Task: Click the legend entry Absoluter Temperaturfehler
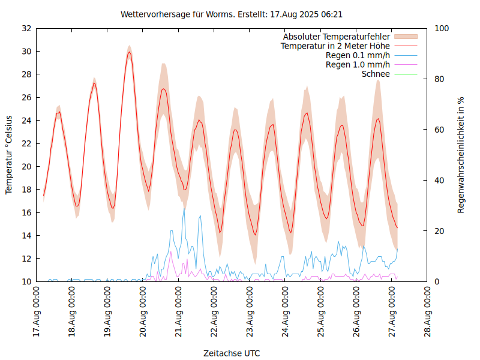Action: click(x=336, y=37)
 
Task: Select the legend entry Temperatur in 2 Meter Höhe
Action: click(x=335, y=46)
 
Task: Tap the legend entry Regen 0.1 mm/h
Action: click(x=358, y=55)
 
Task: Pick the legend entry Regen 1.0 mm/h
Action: click(x=358, y=65)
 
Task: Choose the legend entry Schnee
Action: click(x=376, y=74)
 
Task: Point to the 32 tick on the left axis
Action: click(x=26, y=28)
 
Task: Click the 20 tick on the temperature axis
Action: click(x=26, y=166)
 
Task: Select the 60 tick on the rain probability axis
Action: click(x=439, y=130)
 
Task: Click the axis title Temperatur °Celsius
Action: click(x=9, y=154)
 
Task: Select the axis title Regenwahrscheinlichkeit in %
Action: click(x=461, y=154)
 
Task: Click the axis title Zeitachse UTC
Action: click(x=232, y=353)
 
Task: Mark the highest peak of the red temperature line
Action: click(x=129, y=52)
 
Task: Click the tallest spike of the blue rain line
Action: click(x=184, y=208)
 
